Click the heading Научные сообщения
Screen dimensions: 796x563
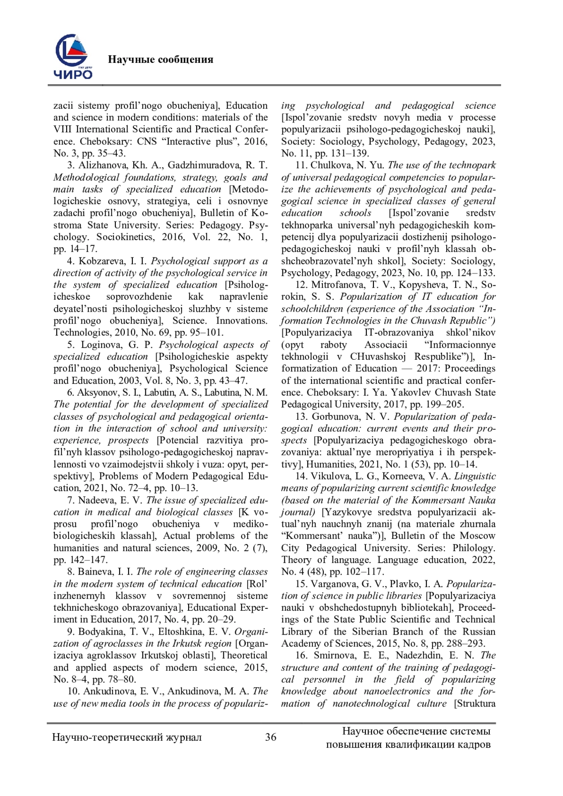(160, 60)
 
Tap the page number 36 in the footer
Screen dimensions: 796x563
(271, 737)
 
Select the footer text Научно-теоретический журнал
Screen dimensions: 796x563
(127, 737)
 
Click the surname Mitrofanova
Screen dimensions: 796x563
(338, 285)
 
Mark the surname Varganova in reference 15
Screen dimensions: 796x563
(334, 584)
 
